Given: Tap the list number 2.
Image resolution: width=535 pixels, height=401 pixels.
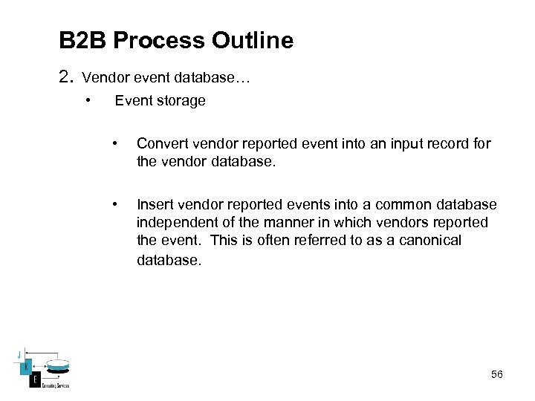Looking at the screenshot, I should tap(65, 76).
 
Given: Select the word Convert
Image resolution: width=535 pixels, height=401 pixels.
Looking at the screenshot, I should tap(161, 143).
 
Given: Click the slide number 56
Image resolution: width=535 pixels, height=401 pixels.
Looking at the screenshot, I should tap(496, 374).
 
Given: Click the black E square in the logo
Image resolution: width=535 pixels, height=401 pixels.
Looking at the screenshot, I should tap(33, 380).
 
